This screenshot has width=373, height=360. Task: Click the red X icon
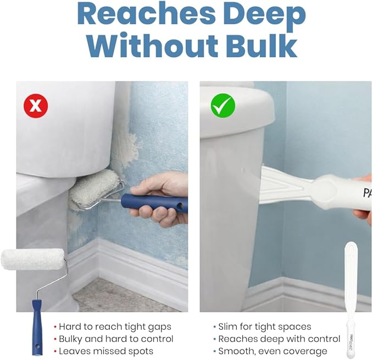coord(36,106)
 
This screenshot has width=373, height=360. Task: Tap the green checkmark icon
coord(223,106)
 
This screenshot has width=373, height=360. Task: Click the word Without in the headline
coord(152,46)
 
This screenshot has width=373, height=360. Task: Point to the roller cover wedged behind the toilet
coord(95,189)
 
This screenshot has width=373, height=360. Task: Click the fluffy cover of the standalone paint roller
coord(32,259)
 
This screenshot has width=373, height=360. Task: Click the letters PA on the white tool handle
coord(368,192)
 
